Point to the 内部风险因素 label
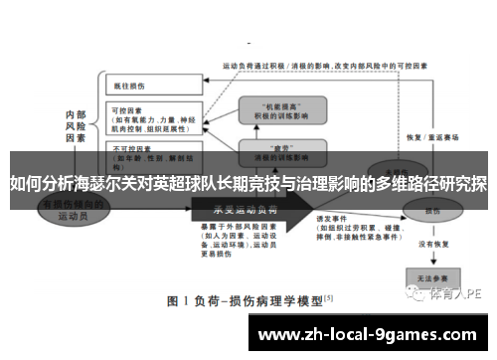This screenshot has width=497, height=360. pos(76,127)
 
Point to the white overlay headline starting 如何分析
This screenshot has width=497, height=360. pos(248,184)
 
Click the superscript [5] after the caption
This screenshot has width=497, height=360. pos(329,297)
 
